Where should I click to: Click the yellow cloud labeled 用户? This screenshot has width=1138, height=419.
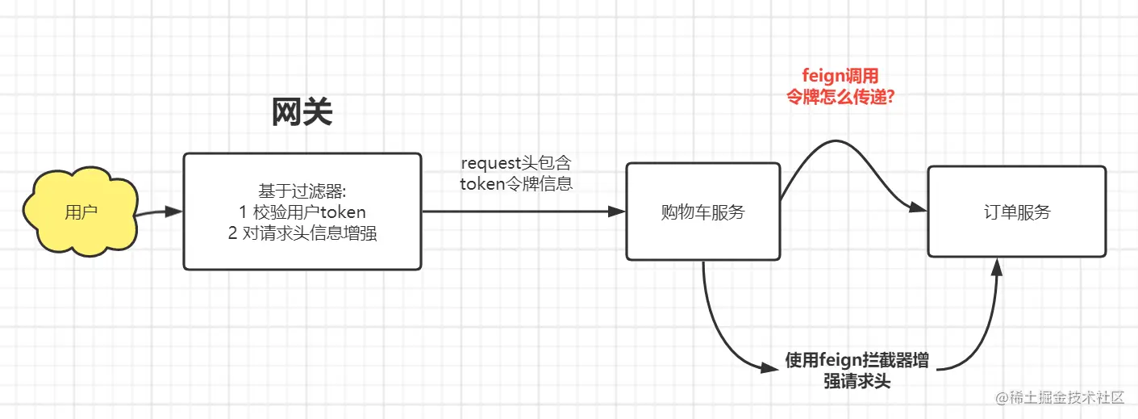click(81, 212)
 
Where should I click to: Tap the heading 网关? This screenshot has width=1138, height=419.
click(302, 114)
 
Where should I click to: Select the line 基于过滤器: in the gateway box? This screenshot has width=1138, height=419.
click(302, 191)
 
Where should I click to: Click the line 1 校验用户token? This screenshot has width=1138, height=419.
click(302, 212)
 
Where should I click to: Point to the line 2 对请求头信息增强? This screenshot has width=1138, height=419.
click(302, 234)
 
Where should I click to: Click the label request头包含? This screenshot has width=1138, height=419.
click(516, 163)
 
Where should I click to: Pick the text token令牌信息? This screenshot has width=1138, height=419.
click(516, 183)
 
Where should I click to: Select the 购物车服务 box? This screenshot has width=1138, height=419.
click(702, 212)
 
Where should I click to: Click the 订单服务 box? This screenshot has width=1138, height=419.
click(1016, 212)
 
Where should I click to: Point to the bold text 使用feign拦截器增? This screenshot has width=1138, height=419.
click(857, 360)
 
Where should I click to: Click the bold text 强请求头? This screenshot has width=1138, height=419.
click(857, 381)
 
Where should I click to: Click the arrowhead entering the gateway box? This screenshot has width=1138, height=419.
click(175, 212)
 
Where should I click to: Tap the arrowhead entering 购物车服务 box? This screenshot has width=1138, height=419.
click(618, 212)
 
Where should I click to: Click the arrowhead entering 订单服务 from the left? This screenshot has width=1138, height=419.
click(919, 208)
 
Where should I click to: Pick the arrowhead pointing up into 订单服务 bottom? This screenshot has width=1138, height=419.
click(997, 267)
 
